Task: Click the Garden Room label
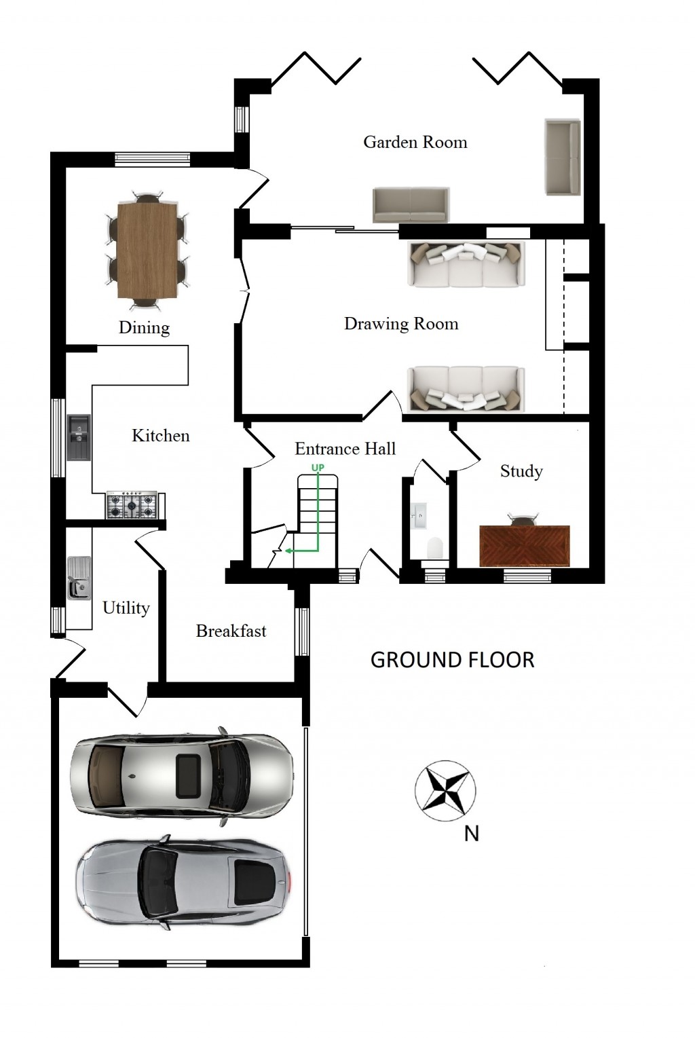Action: point(415,142)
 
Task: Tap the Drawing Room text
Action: point(400,324)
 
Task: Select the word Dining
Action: point(144,327)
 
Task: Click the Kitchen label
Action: point(160,436)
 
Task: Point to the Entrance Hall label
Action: point(345,449)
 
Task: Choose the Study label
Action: point(521,471)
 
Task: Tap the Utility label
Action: point(126,608)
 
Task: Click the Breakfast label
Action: point(231,631)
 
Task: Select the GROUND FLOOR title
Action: point(452,660)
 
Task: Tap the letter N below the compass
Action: point(471,834)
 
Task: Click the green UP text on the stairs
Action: point(318,468)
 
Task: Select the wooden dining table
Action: point(148,250)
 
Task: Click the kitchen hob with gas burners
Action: point(132,505)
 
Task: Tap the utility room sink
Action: point(79,578)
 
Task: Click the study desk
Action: point(524,545)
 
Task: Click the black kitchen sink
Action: point(79,437)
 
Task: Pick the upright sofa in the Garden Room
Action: point(562,157)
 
